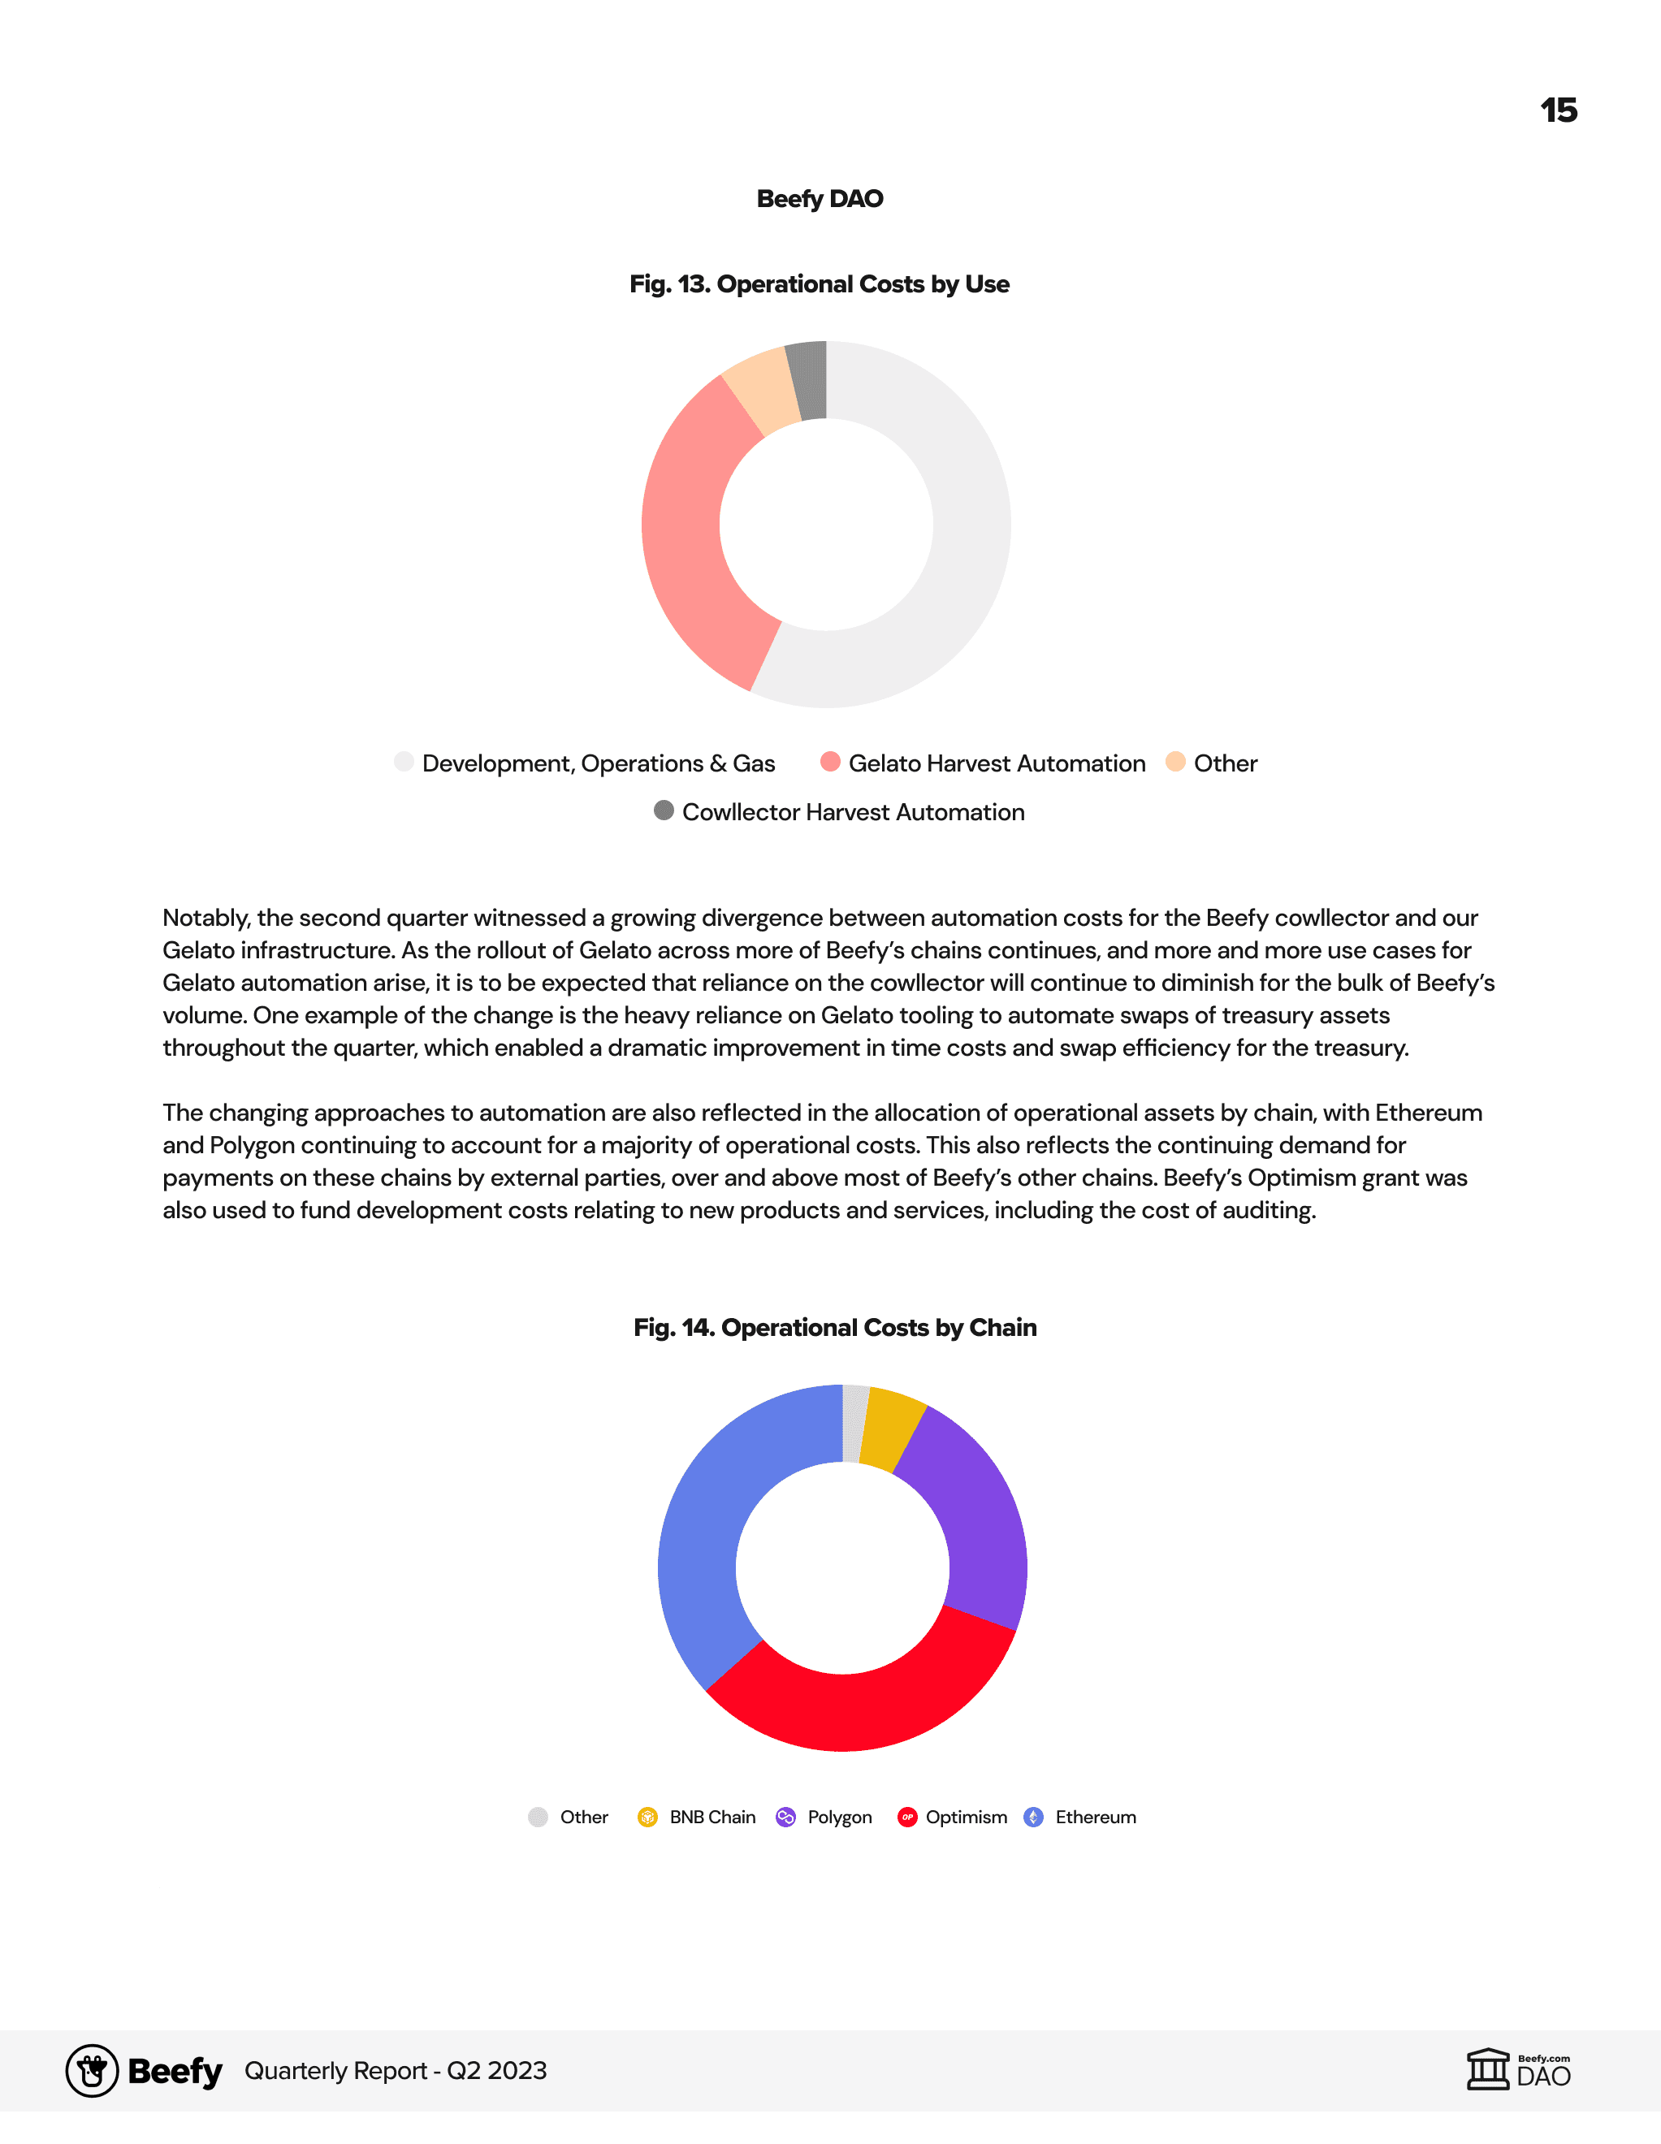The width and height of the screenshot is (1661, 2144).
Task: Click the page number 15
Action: pyautogui.click(x=1558, y=110)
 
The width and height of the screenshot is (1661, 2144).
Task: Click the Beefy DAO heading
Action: pyautogui.click(x=820, y=198)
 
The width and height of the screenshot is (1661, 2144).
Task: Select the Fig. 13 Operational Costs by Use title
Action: pyautogui.click(x=820, y=283)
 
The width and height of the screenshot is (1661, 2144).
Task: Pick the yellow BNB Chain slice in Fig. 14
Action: pyautogui.click(x=893, y=1429)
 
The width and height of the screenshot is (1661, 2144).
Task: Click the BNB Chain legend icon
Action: pyautogui.click(x=647, y=1817)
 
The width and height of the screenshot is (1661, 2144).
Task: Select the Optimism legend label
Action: pyautogui.click(x=966, y=1817)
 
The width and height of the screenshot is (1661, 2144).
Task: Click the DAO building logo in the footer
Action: pyautogui.click(x=1488, y=2070)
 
